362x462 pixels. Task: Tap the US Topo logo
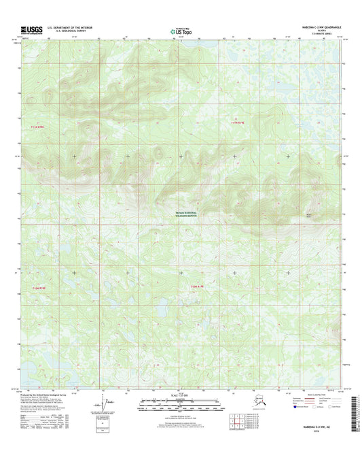coord(180,31)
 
